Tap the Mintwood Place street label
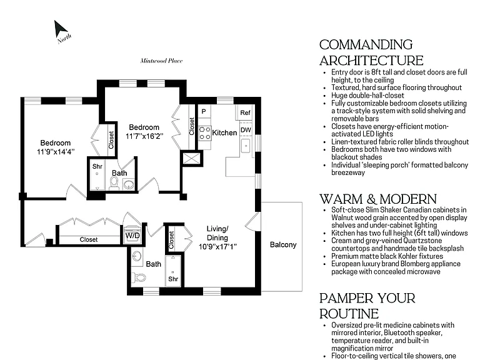[x=161, y=61]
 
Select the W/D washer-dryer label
[x=132, y=236]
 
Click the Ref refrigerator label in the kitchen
[x=245, y=112]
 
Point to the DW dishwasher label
[x=246, y=130]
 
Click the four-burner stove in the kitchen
[x=205, y=134]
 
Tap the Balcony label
[x=283, y=244]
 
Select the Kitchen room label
[x=224, y=132]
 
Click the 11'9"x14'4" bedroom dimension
[x=56, y=151]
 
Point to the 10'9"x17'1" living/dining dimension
[x=217, y=246]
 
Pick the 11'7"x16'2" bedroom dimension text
[x=144, y=136]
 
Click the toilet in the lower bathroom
[x=139, y=277]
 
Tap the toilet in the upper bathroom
[x=114, y=182]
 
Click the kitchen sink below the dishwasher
[x=246, y=146]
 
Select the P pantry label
[x=204, y=112]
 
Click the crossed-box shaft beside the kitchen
[x=191, y=159]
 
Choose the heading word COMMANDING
[x=366, y=45]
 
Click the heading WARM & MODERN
[x=378, y=199]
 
